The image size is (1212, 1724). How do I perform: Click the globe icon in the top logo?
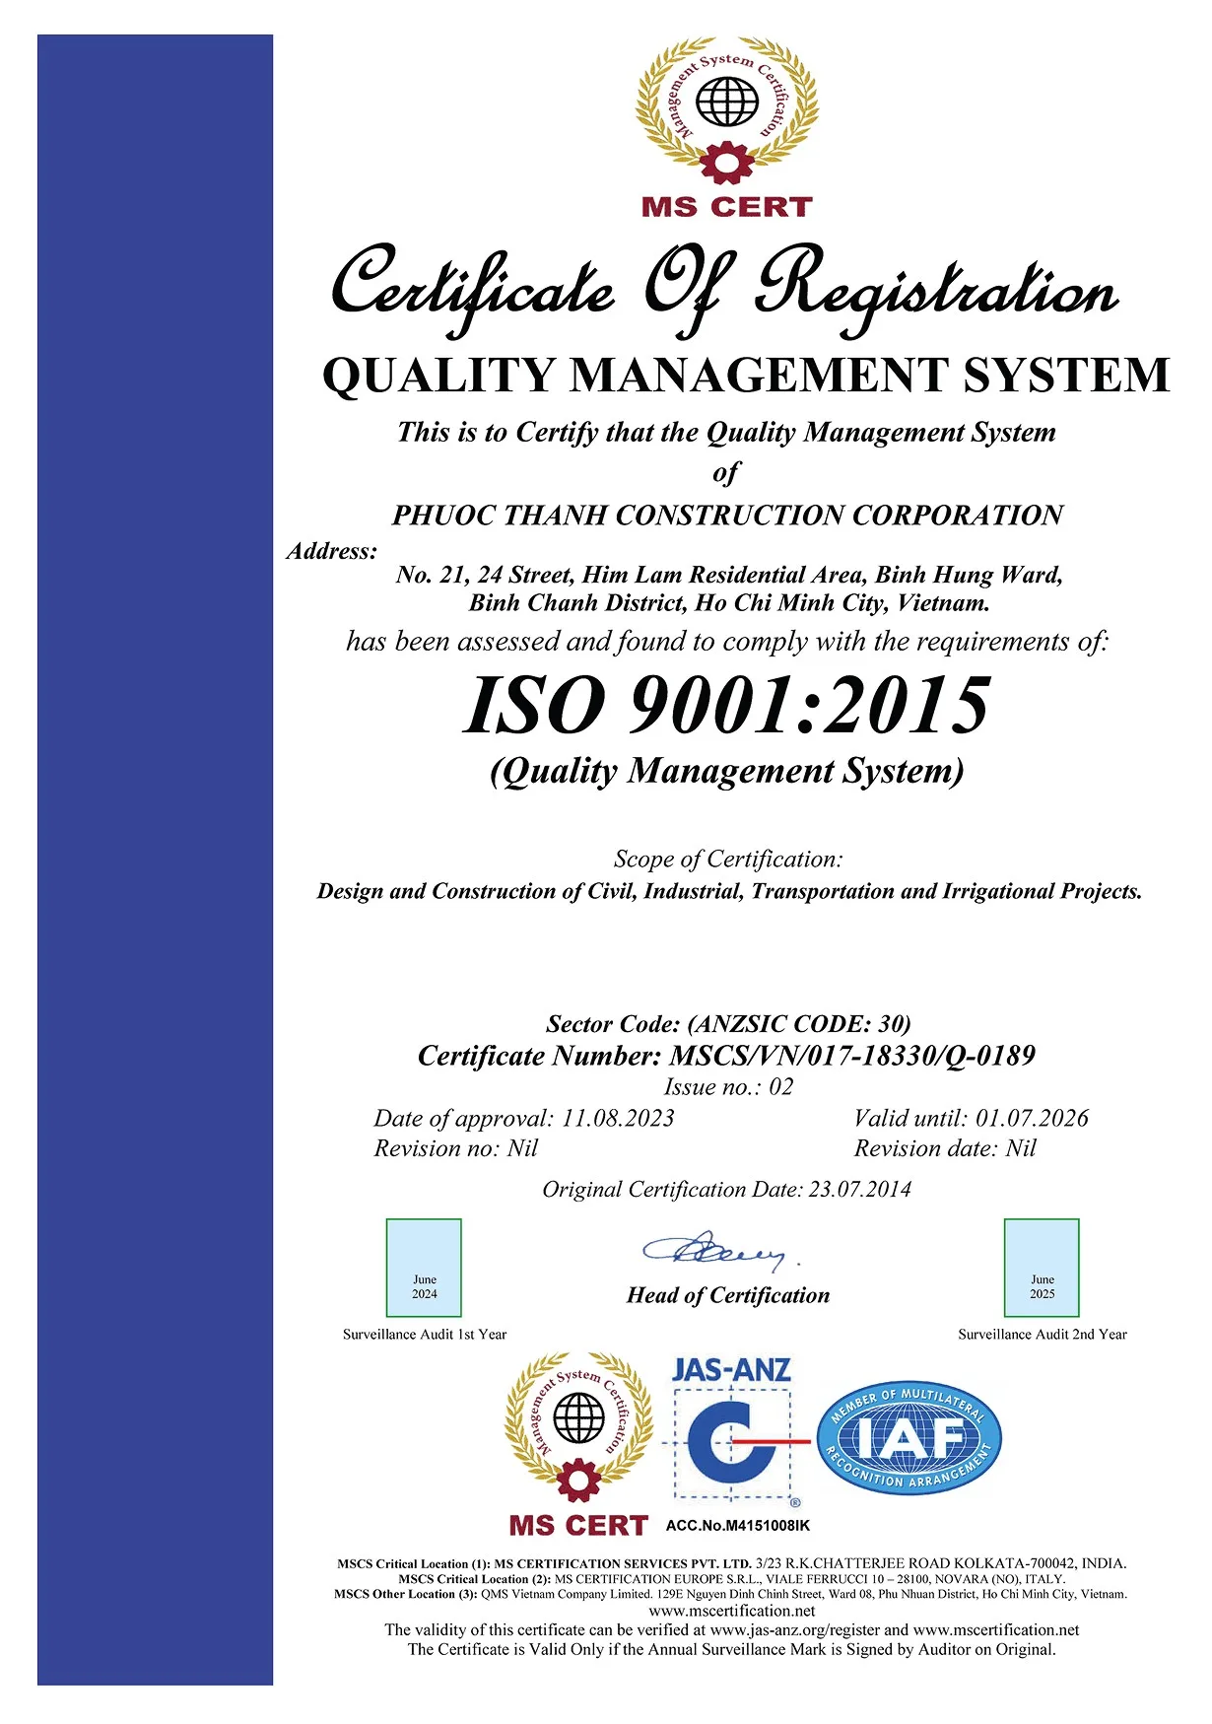(727, 101)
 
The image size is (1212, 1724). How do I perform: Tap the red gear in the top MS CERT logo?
(727, 162)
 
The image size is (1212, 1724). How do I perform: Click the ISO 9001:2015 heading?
(726, 706)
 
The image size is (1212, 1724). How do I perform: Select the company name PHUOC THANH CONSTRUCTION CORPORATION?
(727, 516)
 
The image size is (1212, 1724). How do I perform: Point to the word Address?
(332, 551)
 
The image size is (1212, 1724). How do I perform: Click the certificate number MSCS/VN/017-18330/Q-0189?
(852, 1057)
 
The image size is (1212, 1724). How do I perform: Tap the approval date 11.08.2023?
(618, 1119)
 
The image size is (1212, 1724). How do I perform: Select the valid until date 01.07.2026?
(1032, 1119)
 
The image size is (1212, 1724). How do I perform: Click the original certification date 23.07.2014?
(860, 1190)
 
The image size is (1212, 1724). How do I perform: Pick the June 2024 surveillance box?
(424, 1268)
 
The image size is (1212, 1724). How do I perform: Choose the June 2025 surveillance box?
(1042, 1268)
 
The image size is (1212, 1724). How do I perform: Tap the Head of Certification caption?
(728, 1295)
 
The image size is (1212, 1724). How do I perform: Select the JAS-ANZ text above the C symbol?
(731, 1370)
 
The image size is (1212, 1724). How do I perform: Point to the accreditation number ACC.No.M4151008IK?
(738, 1526)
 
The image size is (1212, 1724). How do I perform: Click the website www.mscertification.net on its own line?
(731, 1611)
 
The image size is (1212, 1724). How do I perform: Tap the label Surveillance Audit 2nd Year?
(1043, 1335)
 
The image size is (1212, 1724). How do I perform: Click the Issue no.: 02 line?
(728, 1087)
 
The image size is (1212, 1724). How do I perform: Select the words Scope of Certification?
(728, 860)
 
